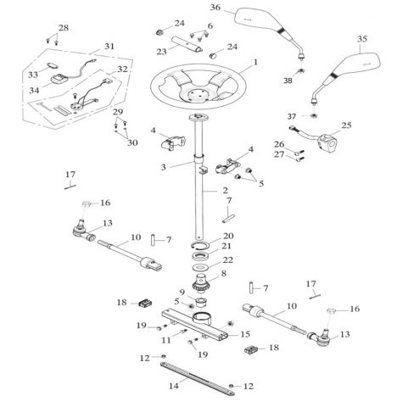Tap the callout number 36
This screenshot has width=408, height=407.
click(x=215, y=8)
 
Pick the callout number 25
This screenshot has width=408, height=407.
click(x=346, y=125)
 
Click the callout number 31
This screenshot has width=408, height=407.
click(x=109, y=46)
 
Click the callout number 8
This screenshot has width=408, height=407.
click(x=224, y=273)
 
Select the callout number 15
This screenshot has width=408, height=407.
click(x=245, y=334)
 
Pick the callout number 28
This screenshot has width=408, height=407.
click(x=63, y=27)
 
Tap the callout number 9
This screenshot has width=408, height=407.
click(x=182, y=292)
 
